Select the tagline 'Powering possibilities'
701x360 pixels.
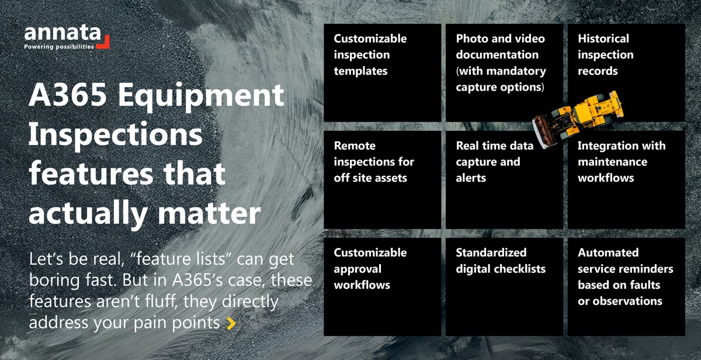click(58, 47)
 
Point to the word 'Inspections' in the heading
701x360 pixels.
click(115, 136)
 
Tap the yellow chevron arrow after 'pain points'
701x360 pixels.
click(231, 323)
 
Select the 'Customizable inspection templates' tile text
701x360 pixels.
click(370, 55)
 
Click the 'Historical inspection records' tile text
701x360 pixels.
click(606, 55)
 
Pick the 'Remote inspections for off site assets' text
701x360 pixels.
click(374, 161)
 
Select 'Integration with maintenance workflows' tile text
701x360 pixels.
click(622, 161)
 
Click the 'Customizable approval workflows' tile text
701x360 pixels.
click(370, 269)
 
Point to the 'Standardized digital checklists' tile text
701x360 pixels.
click(501, 261)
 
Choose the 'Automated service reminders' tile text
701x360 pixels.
click(626, 277)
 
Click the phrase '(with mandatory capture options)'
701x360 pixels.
click(501, 79)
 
